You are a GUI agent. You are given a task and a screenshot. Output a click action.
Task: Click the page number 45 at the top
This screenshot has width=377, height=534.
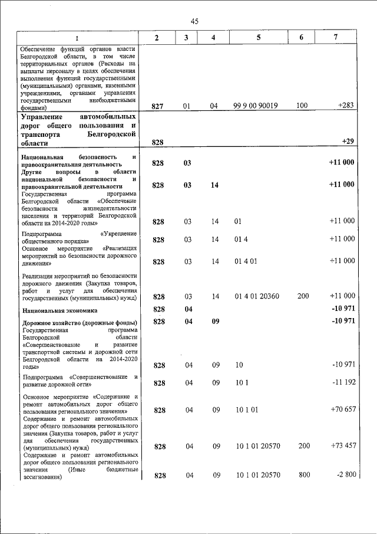coord(194,21)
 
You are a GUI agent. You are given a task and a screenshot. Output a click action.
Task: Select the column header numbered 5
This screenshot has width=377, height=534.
coord(259,38)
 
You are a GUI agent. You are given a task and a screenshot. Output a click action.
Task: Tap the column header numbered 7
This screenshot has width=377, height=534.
coord(335,38)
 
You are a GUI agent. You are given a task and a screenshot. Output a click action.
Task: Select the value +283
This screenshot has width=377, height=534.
coord(346,106)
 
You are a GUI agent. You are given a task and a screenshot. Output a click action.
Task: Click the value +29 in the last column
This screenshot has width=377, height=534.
coord(348,142)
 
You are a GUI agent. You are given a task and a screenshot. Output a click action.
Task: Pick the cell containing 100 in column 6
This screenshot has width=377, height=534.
coord(302,106)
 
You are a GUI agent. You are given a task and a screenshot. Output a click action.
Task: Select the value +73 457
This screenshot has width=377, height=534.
coord(342,445)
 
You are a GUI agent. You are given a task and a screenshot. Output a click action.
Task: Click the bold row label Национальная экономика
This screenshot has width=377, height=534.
coord(59,310)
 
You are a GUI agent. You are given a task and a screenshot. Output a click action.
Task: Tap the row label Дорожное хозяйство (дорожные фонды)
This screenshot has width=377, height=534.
coord(80,323)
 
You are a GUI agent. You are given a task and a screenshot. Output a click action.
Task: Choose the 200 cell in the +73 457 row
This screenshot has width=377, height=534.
coord(303,445)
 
